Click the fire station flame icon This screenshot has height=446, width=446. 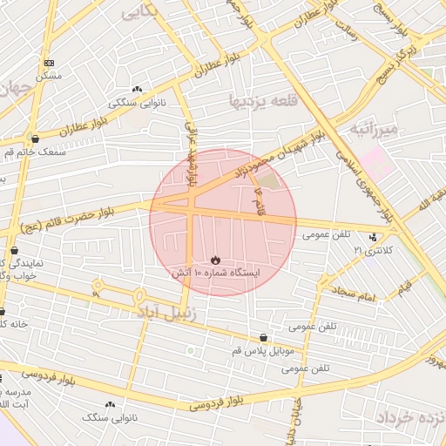tap(215, 260)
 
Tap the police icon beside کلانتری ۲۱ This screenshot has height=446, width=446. tap(374, 236)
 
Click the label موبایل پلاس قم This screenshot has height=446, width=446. tap(263, 350)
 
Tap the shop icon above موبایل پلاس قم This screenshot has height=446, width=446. tap(263, 337)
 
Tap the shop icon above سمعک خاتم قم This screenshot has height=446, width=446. tap(35, 139)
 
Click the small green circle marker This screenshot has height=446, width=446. tap(191, 350)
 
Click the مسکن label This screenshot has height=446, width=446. tap(49, 76)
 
